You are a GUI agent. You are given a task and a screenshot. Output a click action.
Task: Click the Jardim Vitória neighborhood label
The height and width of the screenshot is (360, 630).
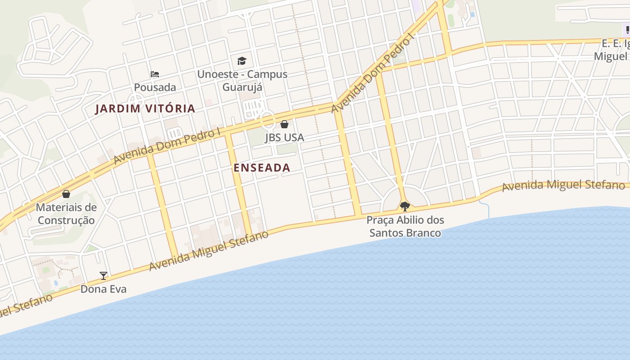(145, 108)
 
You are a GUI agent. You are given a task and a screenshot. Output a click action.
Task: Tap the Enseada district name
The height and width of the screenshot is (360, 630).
(262, 168)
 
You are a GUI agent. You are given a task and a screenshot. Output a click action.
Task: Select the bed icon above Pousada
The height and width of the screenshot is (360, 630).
(155, 74)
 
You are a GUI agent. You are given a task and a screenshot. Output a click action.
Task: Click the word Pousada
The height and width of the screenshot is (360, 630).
(155, 87)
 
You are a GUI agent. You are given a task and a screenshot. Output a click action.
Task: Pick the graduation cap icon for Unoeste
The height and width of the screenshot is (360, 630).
(242, 61)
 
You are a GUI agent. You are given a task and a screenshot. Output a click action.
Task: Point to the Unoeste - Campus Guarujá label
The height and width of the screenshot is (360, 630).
(242, 80)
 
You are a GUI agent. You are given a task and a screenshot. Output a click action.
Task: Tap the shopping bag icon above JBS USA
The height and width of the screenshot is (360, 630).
(284, 124)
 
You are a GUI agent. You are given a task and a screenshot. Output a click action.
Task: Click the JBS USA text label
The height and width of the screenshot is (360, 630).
(284, 137)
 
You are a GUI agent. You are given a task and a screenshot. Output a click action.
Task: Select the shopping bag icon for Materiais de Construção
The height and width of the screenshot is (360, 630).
(66, 194)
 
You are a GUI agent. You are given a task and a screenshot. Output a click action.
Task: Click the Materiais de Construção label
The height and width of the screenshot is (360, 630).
(66, 214)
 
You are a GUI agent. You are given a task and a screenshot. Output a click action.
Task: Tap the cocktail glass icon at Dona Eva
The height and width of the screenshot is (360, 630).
(103, 276)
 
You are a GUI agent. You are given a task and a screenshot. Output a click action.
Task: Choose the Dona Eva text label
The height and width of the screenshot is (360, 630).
(103, 289)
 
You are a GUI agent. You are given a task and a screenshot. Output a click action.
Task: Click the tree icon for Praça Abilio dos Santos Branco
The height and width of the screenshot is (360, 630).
(405, 207)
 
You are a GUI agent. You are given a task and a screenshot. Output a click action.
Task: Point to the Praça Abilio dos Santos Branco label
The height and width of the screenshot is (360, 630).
(405, 226)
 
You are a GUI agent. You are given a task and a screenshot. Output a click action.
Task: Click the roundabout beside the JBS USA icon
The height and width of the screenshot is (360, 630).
(267, 120)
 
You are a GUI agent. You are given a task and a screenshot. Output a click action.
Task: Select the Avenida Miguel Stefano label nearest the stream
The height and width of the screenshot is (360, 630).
(562, 185)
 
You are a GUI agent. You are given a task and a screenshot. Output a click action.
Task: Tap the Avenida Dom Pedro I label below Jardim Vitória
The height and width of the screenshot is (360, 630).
(166, 145)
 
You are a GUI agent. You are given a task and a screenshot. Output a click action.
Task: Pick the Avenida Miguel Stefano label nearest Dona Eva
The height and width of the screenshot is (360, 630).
(208, 251)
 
